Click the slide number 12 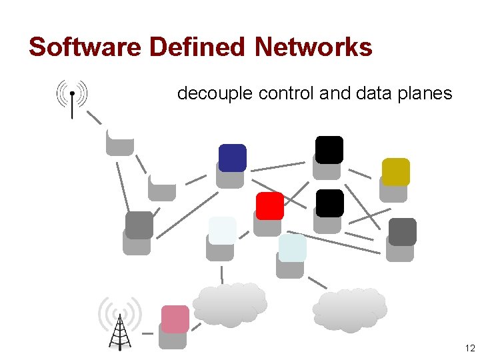[x=469, y=349]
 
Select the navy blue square [x=233, y=157]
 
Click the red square [x=270, y=206]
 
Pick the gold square [x=395, y=171]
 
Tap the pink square [x=175, y=319]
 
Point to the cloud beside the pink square [x=230, y=305]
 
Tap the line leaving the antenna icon [x=94, y=118]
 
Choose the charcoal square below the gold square [x=403, y=231]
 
